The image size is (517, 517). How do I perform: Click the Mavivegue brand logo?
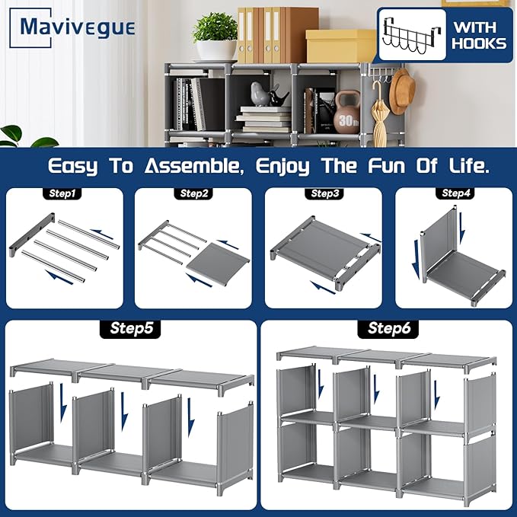pos(72,27)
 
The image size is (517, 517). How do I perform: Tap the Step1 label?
pos(62,193)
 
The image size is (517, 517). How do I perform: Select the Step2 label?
pos(193,193)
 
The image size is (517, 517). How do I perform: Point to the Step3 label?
pos(324,193)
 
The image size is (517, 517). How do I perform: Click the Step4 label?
pos(455,193)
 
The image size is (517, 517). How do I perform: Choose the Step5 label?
pos(130,329)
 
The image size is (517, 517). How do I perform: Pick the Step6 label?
pos(388,329)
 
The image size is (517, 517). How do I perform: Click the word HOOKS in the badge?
pos(479,44)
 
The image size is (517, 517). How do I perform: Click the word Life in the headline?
pos(469,165)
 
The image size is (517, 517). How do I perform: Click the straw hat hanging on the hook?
pos(402,91)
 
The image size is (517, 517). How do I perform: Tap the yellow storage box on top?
pos(340,46)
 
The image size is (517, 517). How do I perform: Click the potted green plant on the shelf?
pos(215,37)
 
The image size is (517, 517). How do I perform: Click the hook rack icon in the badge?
pos(412,35)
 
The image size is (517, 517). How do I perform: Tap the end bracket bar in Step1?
pos(32,235)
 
